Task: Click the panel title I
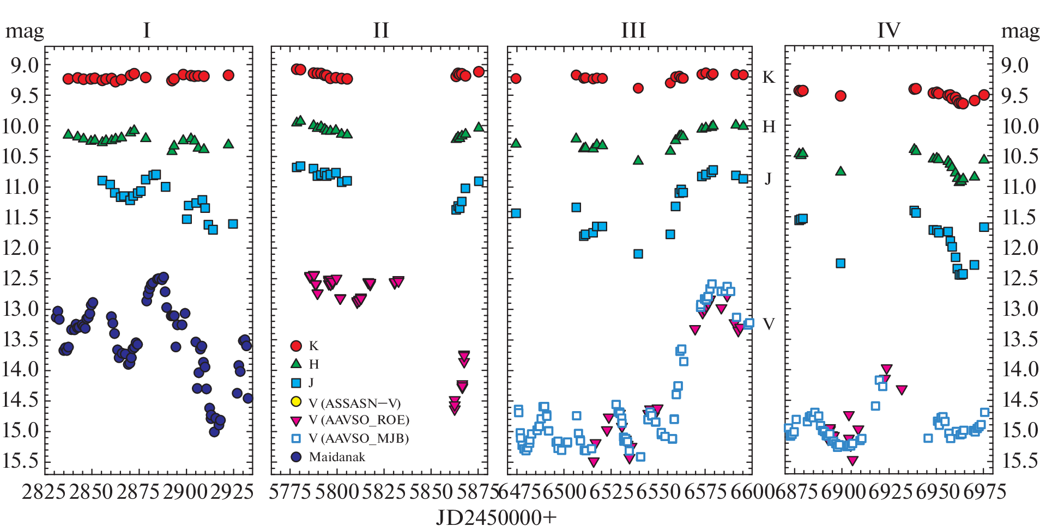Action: [147, 30]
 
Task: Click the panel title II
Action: [381, 30]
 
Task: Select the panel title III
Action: [633, 30]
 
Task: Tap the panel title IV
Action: [889, 30]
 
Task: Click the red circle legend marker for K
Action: [296, 346]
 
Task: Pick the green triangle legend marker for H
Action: [296, 364]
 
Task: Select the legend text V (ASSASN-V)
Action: [355, 403]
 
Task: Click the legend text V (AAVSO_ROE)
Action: [359, 420]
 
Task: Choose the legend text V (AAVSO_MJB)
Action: [359, 438]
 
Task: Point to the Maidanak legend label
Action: [337, 457]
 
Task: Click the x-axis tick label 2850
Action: [91, 492]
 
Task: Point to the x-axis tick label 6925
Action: [890, 492]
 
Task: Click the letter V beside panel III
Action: [769, 325]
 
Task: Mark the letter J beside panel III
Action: [768, 179]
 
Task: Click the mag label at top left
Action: [25, 32]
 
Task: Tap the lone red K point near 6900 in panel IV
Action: [841, 96]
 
